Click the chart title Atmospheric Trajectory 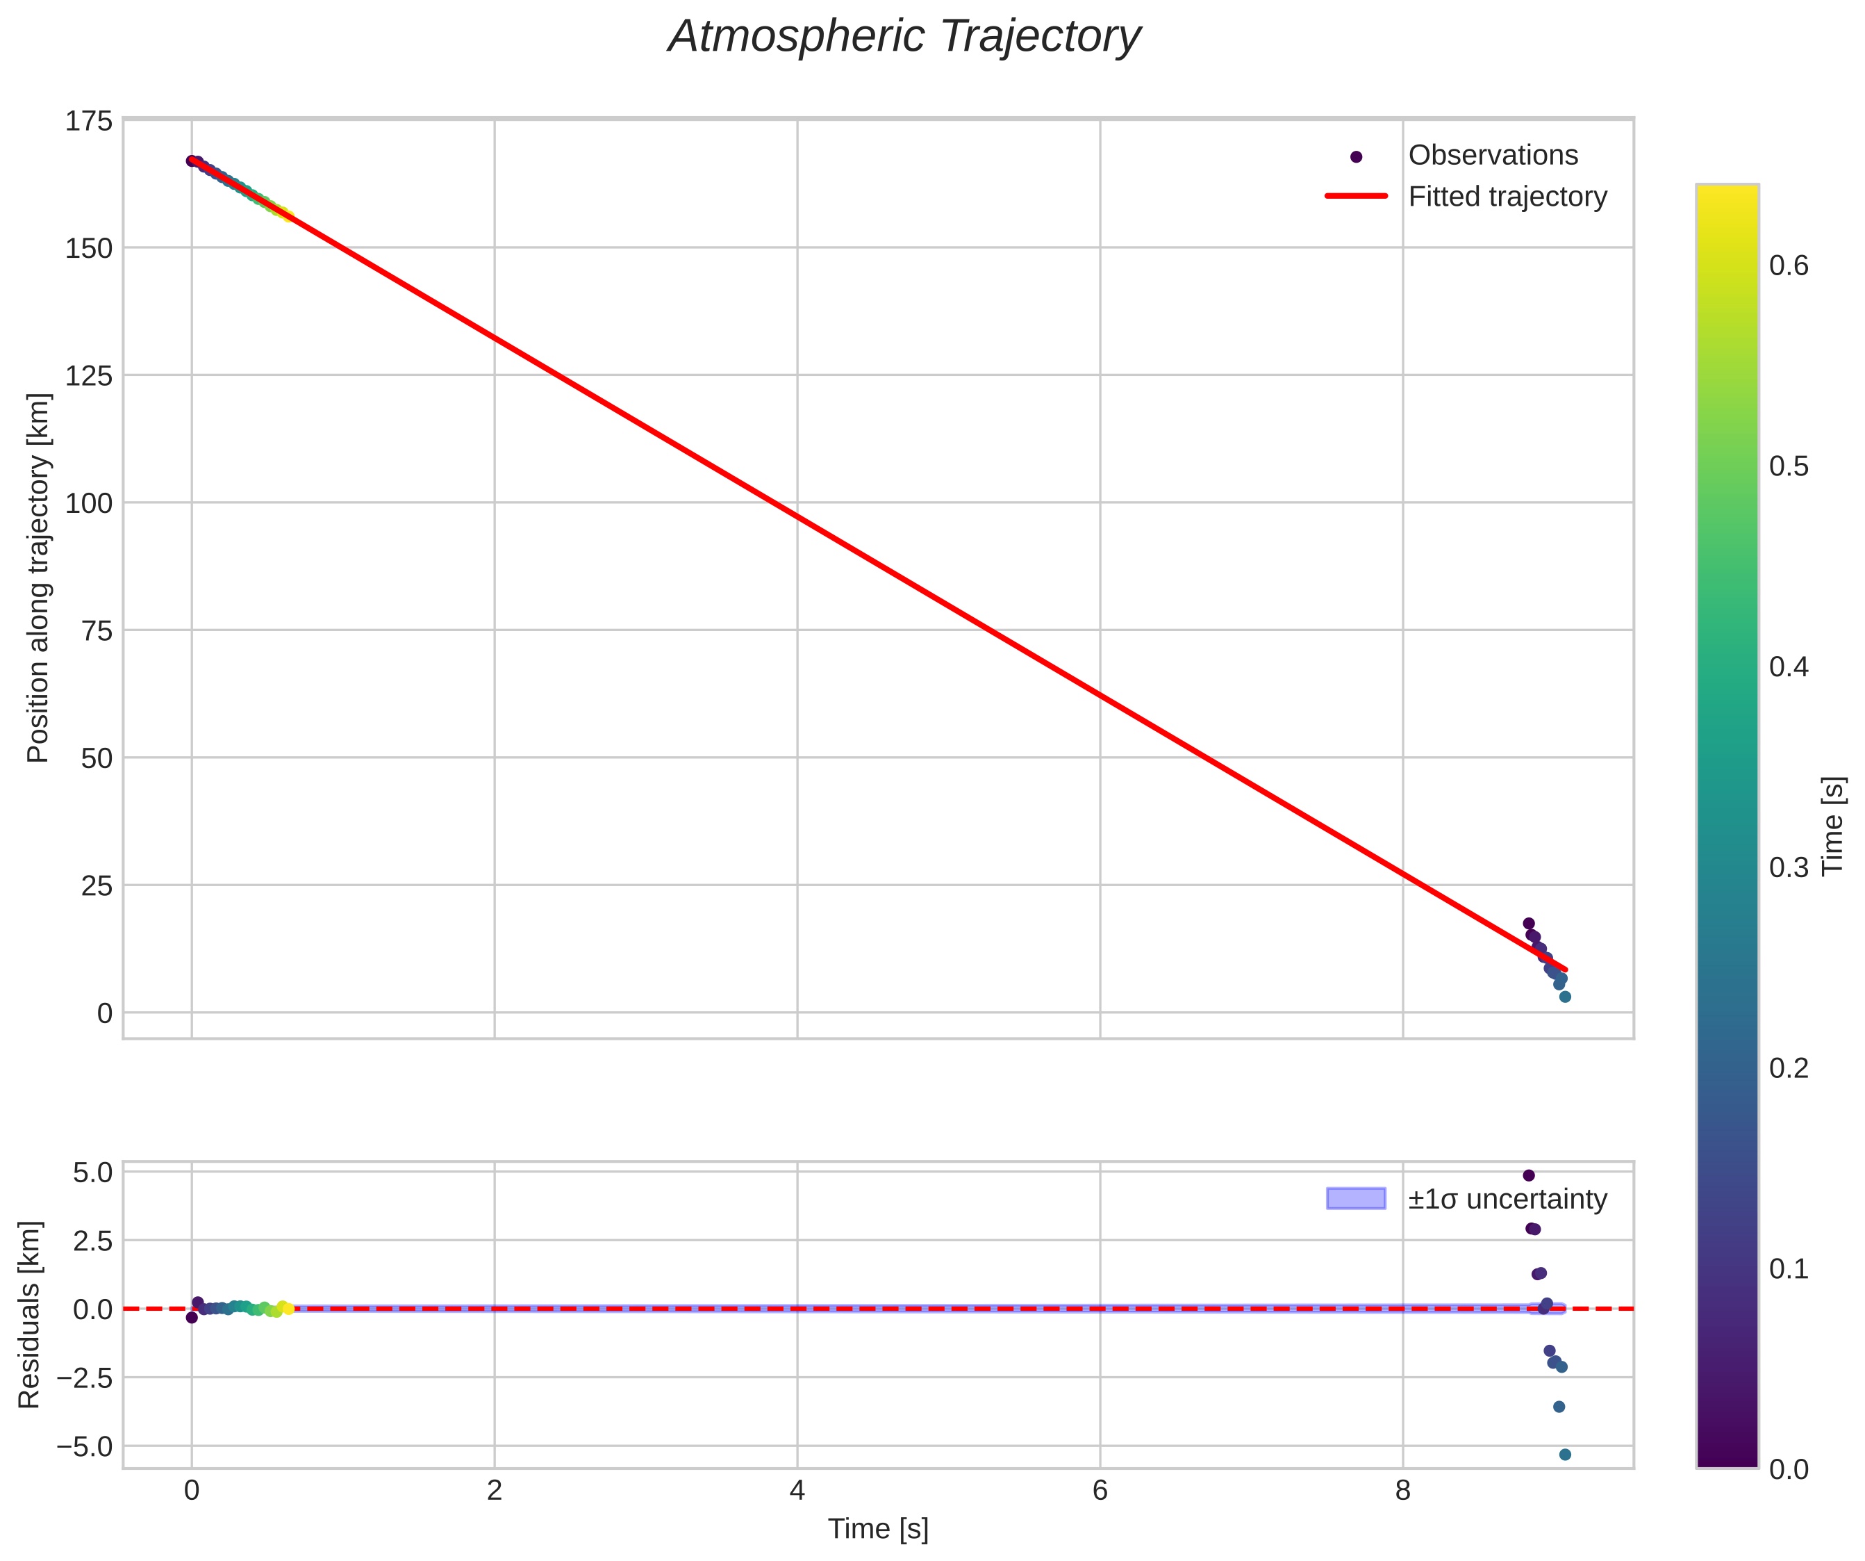coord(904,38)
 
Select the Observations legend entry coord(1492,156)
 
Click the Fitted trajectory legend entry coord(1507,197)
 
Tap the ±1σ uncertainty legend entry coord(1507,1200)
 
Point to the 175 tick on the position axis coord(89,121)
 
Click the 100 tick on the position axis coord(89,503)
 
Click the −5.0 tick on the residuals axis coord(85,1447)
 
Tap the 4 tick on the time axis coord(797,1491)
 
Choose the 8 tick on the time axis coord(1402,1491)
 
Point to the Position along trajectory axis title coord(38,578)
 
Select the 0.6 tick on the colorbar coord(1789,266)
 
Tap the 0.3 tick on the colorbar coord(1789,868)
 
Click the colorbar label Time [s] coord(1832,826)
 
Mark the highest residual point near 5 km coord(1528,1175)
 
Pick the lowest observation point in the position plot coord(1565,997)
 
